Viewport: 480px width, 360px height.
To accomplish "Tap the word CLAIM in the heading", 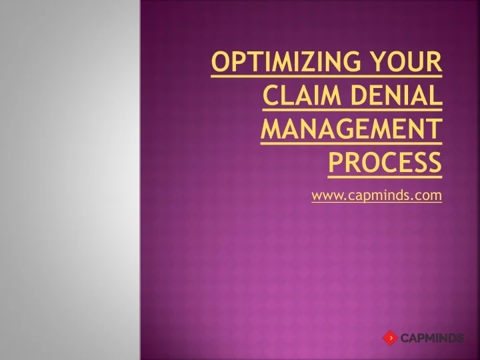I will click(297, 97).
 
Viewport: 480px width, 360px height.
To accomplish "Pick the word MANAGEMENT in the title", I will click(351, 130).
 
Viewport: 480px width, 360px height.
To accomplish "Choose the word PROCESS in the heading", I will click(385, 163).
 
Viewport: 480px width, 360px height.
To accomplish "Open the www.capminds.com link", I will click(377, 195).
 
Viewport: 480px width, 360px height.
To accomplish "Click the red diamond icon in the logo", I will click(390, 338).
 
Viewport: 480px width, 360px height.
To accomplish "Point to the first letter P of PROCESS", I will click(335, 163).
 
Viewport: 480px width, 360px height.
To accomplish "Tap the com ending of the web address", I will click(431, 196).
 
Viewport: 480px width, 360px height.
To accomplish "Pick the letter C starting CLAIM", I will click(269, 97).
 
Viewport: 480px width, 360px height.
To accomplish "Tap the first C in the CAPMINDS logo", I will click(405, 339).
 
